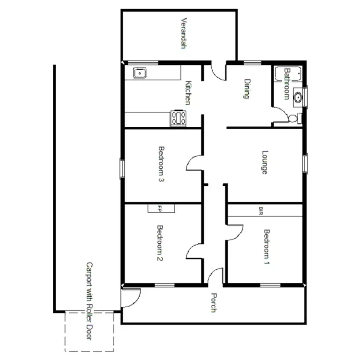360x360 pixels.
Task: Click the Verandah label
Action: click(x=183, y=34)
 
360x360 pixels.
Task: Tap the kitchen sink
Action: click(x=140, y=73)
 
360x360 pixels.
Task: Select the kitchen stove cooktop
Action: click(x=178, y=118)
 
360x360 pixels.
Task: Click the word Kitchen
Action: click(x=189, y=92)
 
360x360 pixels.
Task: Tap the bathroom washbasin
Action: click(x=298, y=97)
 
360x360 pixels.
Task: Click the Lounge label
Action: click(x=264, y=163)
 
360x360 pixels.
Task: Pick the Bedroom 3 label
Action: click(x=161, y=165)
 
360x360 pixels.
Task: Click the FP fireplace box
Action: click(x=161, y=208)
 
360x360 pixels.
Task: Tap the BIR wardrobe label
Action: click(x=261, y=210)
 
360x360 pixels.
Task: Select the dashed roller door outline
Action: click(x=90, y=331)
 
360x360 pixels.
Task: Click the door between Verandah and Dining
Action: click(x=218, y=72)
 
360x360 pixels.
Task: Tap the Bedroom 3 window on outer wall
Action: click(x=122, y=168)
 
